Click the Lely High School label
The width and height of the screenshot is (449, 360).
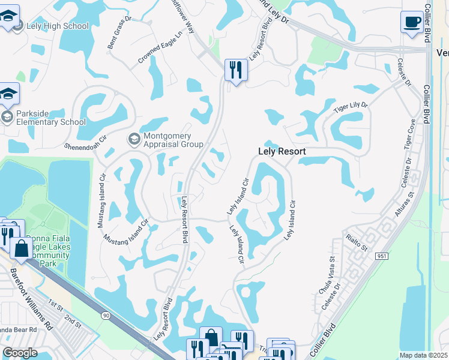58,26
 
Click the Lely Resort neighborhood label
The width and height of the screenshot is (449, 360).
282,152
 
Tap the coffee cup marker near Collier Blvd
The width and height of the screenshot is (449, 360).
412,23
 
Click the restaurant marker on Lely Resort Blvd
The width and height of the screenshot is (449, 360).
236,70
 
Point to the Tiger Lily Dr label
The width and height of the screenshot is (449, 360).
351,109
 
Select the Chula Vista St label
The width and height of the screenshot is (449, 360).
324,274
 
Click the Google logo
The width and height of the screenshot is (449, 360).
20,353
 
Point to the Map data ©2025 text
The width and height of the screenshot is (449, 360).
423,355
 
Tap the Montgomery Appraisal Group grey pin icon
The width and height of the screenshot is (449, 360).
134,139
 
